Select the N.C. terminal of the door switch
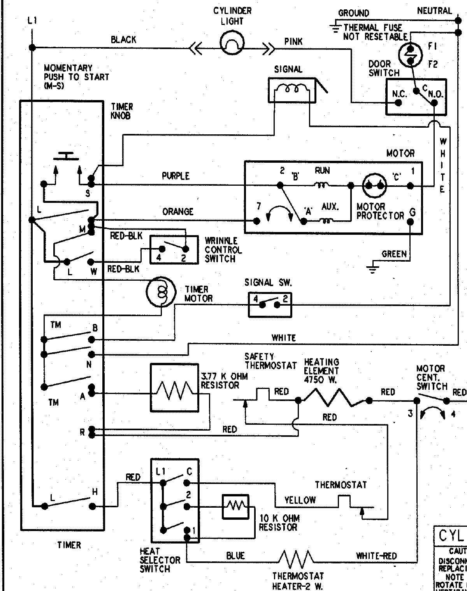point(398,103)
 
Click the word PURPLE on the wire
point(176,176)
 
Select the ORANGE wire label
point(177,211)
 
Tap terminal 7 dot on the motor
point(256,221)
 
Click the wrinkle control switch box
point(174,250)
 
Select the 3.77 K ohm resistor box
point(174,388)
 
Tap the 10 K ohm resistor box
point(235,507)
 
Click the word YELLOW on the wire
point(300,500)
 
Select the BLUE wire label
point(235,556)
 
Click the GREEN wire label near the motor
point(394,254)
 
